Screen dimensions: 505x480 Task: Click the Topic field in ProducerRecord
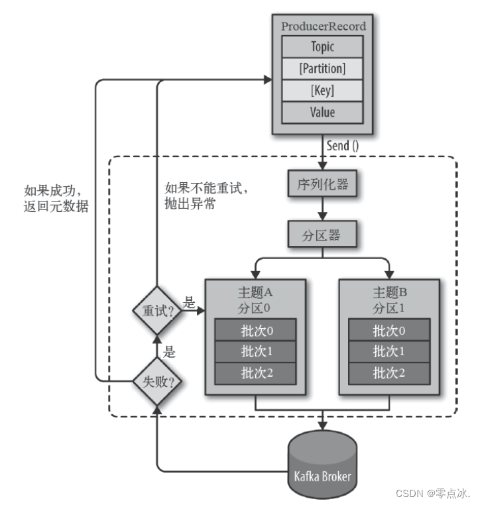323,47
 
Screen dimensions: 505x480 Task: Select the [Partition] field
323,68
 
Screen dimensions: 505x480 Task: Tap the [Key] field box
323,91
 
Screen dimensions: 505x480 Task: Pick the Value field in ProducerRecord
323,112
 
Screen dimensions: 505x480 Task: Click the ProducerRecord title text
323,27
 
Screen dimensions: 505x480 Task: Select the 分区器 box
323,233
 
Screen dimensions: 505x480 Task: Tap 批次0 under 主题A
255,331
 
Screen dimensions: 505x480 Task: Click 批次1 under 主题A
255,351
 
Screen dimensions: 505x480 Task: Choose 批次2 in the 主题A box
255,372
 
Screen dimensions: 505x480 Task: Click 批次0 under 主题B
389,331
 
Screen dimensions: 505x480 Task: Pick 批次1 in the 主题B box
389,351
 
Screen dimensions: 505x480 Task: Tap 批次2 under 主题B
389,372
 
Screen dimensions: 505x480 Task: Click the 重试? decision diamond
156,310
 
